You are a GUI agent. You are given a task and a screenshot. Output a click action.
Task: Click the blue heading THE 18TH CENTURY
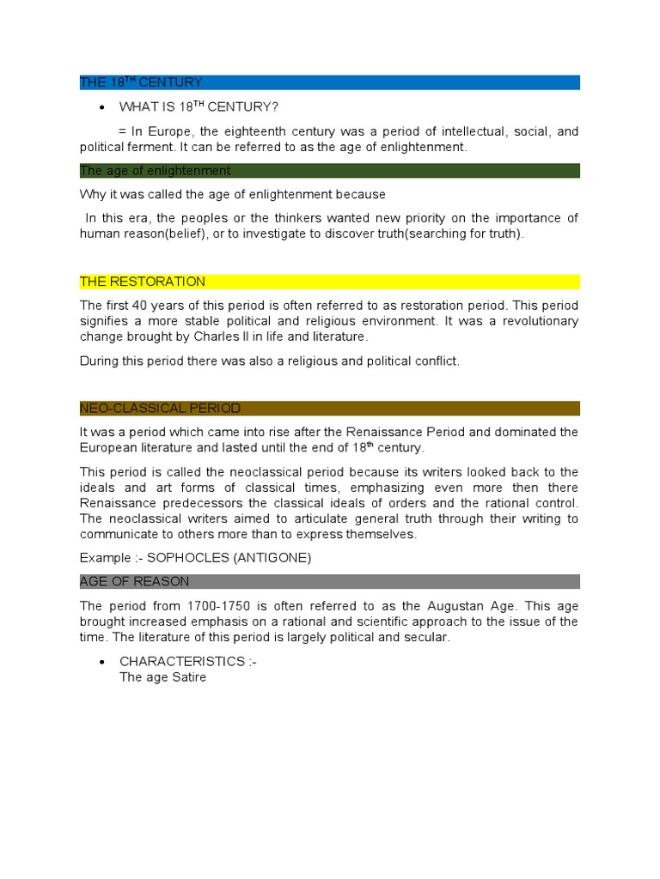point(141,82)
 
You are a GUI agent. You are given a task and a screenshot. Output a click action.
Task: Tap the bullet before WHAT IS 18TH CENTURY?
point(102,107)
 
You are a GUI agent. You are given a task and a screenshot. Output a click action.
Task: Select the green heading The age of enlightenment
point(156,171)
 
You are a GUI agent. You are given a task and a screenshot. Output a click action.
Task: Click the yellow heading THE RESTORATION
point(143,282)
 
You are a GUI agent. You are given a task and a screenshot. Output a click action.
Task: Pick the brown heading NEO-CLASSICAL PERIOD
point(160,408)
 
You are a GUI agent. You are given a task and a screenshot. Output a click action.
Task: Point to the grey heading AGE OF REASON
point(134,581)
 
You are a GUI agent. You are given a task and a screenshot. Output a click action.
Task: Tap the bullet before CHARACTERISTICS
point(102,662)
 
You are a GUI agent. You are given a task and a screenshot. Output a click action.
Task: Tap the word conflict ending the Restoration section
point(437,361)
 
